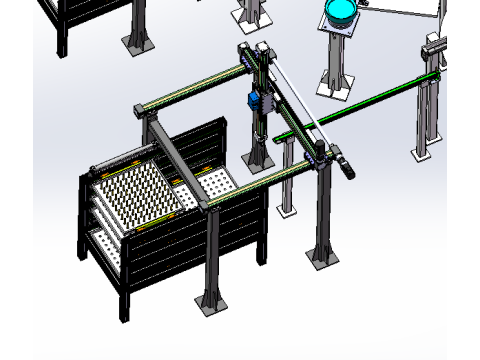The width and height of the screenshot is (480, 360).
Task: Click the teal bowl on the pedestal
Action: (341, 12)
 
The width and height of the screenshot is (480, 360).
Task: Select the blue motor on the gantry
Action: (254, 100)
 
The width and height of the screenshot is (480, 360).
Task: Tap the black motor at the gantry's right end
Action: (339, 161)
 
